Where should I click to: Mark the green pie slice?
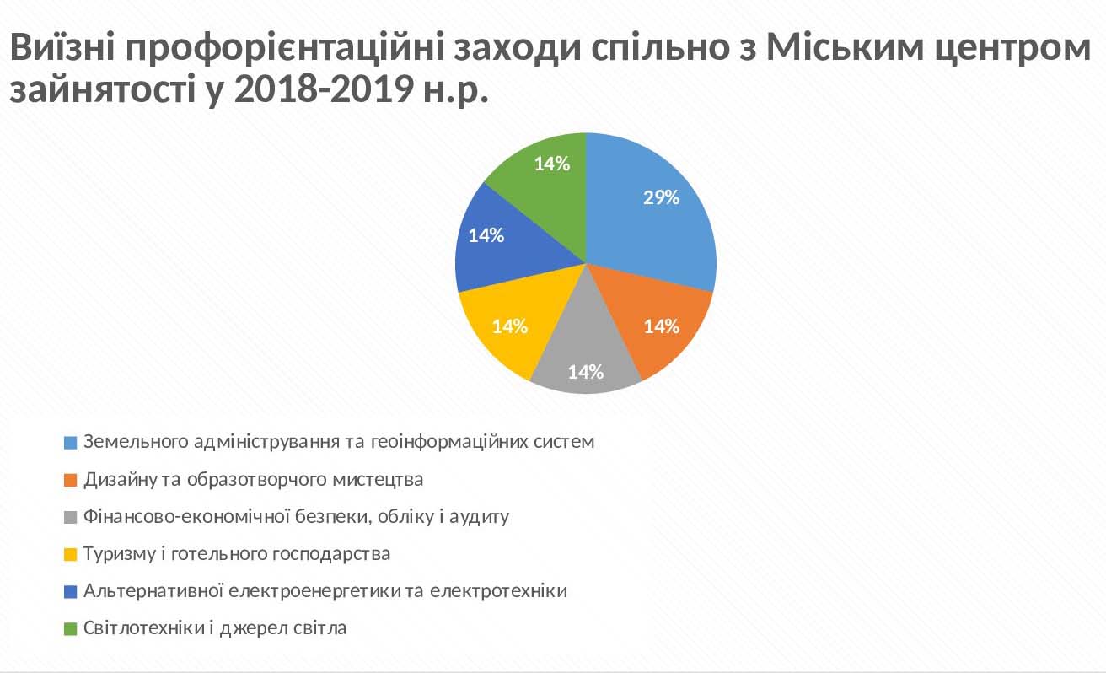point(548,183)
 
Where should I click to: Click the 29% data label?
point(661,197)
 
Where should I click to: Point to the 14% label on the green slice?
point(552,164)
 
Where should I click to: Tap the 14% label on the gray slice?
point(586,372)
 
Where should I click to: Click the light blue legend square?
point(71,442)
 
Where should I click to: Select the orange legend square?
point(71,480)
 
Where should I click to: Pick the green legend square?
point(71,629)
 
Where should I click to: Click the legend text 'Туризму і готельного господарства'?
point(237,554)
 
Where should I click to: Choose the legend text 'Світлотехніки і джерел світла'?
point(215,628)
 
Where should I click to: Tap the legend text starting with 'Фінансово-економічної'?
point(296,517)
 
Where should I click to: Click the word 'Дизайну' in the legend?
point(121,480)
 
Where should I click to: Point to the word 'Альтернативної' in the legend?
point(153,591)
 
